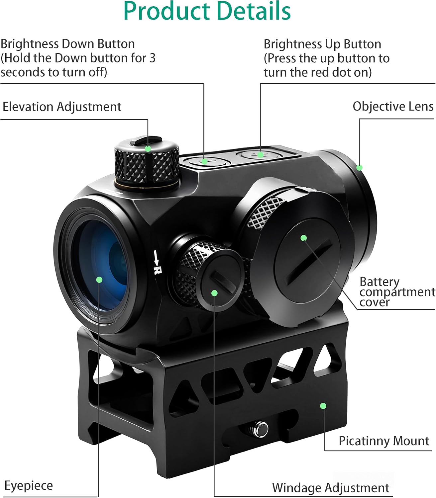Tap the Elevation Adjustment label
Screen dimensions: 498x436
coord(62,107)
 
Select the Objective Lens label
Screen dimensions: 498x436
coord(393,107)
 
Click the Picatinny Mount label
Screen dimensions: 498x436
coord(384,441)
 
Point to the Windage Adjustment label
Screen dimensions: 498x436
coord(330,488)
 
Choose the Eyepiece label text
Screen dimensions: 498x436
coord(29,485)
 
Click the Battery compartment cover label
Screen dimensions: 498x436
coord(397,292)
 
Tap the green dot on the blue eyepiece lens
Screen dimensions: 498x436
coord(99,280)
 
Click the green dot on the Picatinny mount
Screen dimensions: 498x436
coord(323,406)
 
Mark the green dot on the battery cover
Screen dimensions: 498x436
coord(303,238)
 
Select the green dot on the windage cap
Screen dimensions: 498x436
coord(214,293)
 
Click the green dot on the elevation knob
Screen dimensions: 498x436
coord(148,148)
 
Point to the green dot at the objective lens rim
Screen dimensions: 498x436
coord(359,168)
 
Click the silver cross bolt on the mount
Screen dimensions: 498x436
coord(260,429)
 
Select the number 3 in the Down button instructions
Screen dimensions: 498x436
coord(152,58)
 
